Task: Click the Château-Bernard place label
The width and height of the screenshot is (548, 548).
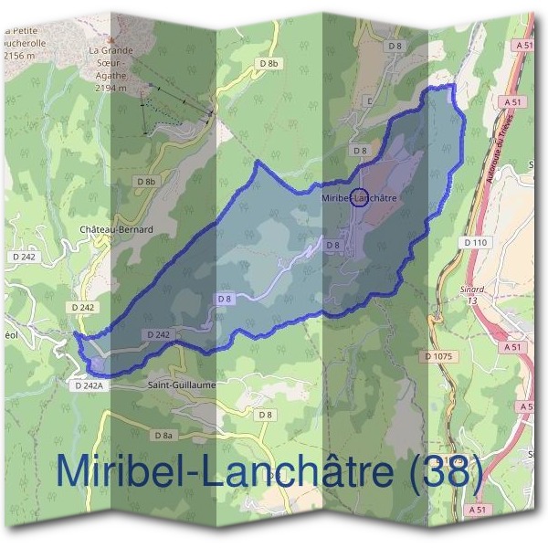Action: [x=115, y=229]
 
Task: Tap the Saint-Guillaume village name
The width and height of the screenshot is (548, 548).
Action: [x=181, y=385]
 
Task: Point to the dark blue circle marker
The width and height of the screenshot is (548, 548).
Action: [x=359, y=197]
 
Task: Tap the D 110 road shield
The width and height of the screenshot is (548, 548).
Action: [x=476, y=242]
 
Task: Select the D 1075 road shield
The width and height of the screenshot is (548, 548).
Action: [x=439, y=355]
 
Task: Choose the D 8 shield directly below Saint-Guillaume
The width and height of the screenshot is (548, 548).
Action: [x=265, y=415]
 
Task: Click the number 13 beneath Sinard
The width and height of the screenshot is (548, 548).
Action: [x=471, y=300]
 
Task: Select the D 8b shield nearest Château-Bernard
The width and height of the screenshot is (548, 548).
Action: [x=147, y=182]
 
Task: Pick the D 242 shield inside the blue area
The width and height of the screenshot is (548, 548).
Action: [x=157, y=335]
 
